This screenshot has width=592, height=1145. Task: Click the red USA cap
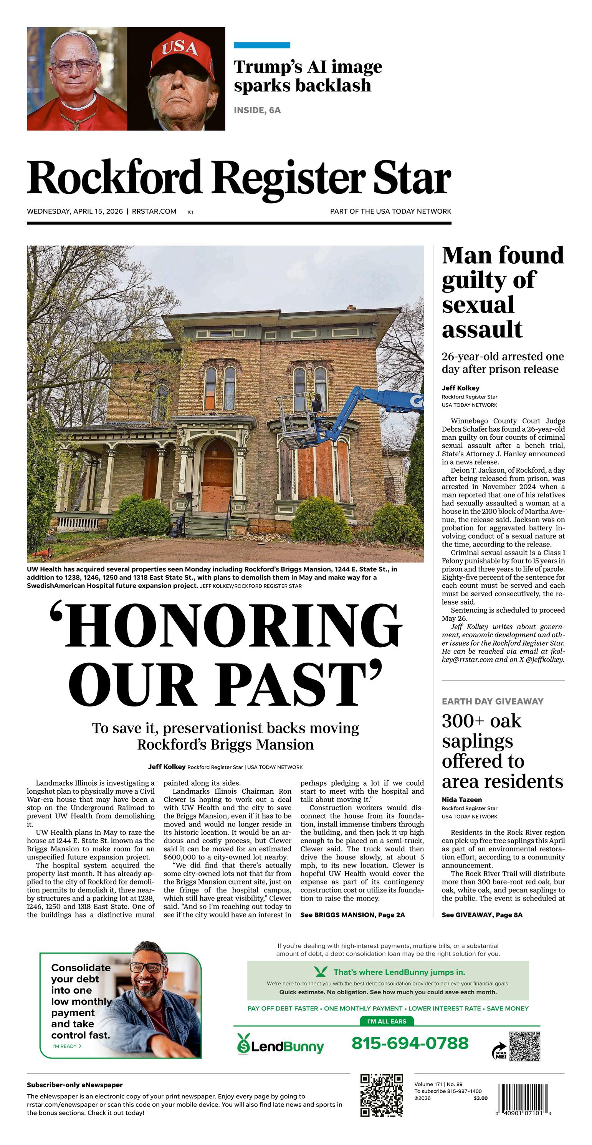(x=179, y=52)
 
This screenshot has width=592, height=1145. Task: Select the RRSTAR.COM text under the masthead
(x=154, y=211)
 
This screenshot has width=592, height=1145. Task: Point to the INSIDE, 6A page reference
(x=257, y=110)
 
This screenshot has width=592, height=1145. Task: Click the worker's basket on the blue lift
(x=296, y=421)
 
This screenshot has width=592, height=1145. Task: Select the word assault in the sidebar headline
(x=482, y=329)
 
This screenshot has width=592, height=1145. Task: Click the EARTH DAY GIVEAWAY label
(x=493, y=701)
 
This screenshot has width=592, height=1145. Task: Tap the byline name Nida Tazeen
(x=461, y=799)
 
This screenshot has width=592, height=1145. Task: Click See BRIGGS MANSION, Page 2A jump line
(x=352, y=914)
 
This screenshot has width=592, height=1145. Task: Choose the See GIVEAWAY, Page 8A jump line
(x=482, y=914)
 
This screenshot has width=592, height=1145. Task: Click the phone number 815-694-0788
(x=410, y=1043)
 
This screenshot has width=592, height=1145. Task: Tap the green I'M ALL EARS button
(x=386, y=1022)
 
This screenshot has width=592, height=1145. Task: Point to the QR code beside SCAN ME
(x=524, y=1046)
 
